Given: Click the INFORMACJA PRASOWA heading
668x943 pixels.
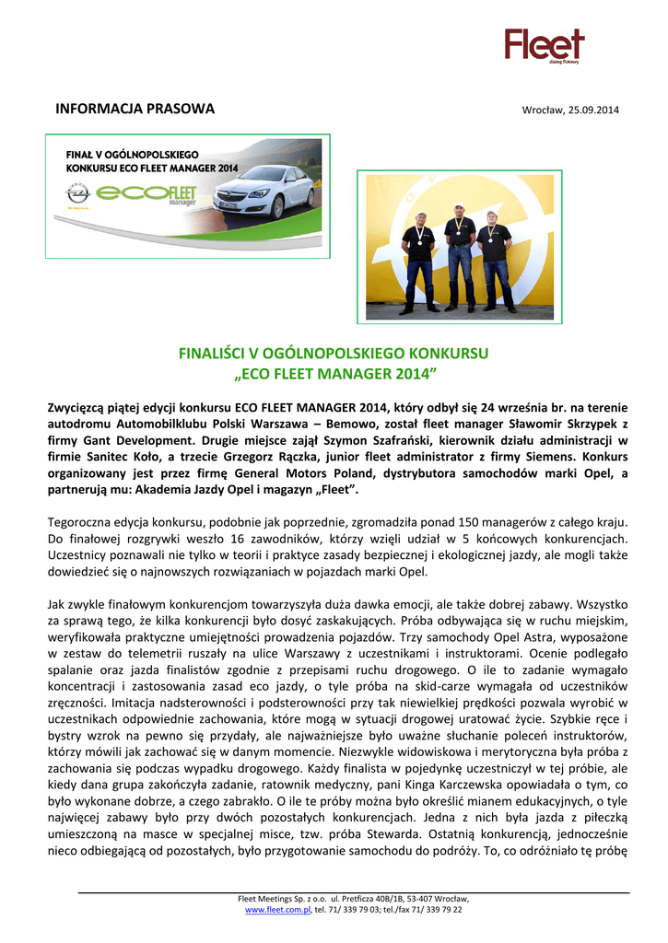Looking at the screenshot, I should pos(135,109).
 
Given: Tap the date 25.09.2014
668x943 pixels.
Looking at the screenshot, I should pos(592,111).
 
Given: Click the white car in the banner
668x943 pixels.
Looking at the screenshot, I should pos(261,190).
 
